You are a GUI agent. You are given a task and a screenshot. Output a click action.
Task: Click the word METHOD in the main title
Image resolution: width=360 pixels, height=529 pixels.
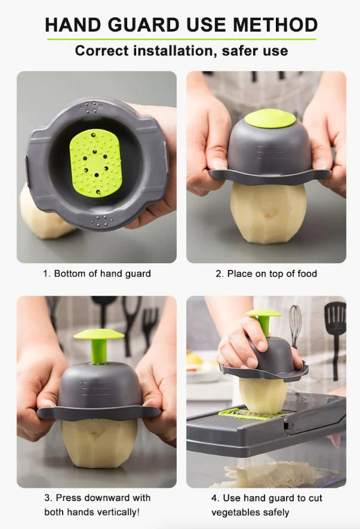275,24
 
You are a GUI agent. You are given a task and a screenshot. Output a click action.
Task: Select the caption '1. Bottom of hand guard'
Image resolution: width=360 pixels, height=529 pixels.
97,273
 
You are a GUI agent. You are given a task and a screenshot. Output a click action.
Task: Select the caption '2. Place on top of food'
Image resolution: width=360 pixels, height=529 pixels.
266,273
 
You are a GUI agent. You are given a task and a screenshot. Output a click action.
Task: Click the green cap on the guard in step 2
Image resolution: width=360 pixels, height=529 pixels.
270,118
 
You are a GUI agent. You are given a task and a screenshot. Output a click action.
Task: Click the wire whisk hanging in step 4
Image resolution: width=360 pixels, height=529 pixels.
296,325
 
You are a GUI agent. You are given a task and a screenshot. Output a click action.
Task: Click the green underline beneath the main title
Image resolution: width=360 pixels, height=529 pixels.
181,39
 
